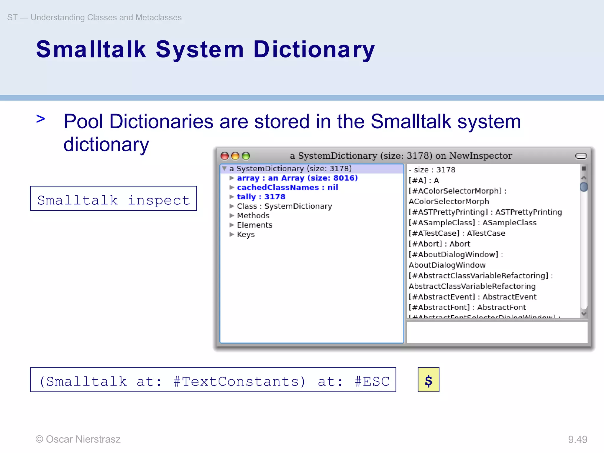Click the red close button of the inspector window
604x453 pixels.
coord(225,156)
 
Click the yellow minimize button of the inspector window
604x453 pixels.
coord(235,156)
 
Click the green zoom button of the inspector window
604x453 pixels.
coord(246,156)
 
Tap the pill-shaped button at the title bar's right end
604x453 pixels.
coord(581,156)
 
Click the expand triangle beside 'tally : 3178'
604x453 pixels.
coord(232,197)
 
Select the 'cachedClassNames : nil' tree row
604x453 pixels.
coord(287,188)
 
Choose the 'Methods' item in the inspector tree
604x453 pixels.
coord(253,216)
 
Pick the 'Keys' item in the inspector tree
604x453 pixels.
coord(246,234)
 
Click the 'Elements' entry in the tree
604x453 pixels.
coord(255,225)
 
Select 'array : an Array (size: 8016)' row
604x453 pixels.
coord(297,178)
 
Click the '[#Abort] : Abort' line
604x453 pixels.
coord(439,244)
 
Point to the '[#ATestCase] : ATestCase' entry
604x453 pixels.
coord(457,233)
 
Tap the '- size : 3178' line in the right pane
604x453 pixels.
coord(432,170)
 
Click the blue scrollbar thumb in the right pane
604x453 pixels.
coord(583,187)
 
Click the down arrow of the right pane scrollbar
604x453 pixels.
coord(583,314)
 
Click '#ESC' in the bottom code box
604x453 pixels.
coord(372,382)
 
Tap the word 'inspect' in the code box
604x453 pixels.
coord(159,201)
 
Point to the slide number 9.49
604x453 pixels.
coord(577,439)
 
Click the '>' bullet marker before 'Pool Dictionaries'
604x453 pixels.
coord(41,119)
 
